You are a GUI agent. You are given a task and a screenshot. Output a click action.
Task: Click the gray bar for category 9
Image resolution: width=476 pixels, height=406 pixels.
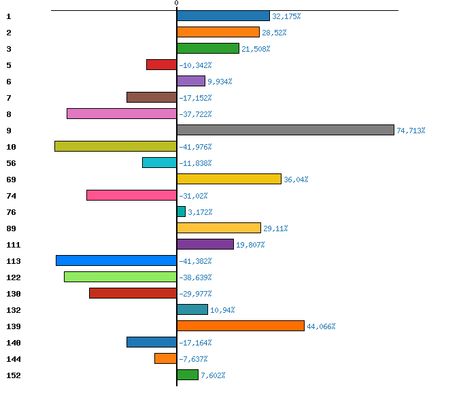pyautogui.click(x=286, y=130)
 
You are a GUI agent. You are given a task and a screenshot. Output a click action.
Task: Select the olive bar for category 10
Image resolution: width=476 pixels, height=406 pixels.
pyautogui.click(x=116, y=146)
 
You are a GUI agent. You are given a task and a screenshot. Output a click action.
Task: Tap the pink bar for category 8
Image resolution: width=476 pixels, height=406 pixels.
pyautogui.click(x=122, y=114)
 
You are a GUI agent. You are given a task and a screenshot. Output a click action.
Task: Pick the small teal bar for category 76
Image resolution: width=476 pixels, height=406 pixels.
pyautogui.click(x=181, y=212)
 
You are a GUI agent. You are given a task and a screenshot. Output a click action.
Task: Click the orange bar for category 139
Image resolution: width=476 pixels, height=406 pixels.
pyautogui.click(x=241, y=326)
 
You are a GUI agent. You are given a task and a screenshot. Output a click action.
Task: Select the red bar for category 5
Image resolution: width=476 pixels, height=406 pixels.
pyautogui.click(x=161, y=65)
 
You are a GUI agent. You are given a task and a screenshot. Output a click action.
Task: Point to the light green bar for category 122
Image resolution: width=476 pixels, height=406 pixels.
pyautogui.click(x=120, y=277)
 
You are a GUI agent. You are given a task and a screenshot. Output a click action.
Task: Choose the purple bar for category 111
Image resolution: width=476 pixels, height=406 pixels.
pyautogui.click(x=205, y=244)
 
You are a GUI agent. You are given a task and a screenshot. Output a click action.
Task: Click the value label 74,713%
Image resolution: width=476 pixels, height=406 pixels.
pyautogui.click(x=411, y=131)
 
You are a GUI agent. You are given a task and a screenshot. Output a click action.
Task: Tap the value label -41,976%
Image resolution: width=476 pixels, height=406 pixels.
pyautogui.click(x=196, y=147)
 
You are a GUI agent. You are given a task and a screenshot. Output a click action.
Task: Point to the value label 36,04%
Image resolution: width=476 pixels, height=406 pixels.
pyautogui.click(x=296, y=180)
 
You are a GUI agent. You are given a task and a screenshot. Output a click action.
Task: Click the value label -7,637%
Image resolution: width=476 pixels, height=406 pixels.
pyautogui.click(x=194, y=359)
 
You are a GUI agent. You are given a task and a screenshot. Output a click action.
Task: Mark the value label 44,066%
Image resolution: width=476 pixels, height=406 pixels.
pyautogui.click(x=321, y=326)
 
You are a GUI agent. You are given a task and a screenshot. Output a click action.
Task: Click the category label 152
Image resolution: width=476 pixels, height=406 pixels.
pyautogui.click(x=14, y=375)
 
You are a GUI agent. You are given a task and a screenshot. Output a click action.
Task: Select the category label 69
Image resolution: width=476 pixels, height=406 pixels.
pyautogui.click(x=11, y=180)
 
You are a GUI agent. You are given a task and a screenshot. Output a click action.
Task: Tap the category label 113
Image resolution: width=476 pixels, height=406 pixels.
pyautogui.click(x=14, y=261)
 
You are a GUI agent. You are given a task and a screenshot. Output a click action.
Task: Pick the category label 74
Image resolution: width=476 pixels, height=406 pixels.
pyautogui.click(x=11, y=196)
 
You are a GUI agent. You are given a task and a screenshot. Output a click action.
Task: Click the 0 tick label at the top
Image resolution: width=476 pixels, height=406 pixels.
pyautogui.click(x=176, y=3)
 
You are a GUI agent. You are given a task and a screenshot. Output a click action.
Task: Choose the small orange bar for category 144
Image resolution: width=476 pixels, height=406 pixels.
pyautogui.click(x=165, y=358)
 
